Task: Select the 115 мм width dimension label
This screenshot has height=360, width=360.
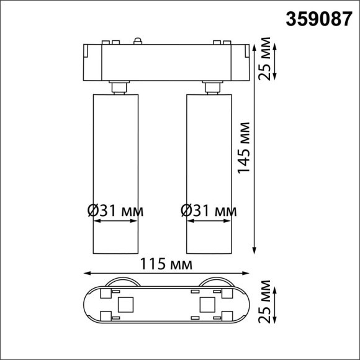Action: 165,265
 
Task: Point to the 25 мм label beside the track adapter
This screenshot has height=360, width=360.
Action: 265,60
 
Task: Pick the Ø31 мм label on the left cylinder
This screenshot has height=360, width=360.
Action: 115,211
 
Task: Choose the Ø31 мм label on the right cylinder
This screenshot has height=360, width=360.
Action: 209,211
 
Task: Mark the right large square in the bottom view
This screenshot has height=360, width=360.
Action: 205,304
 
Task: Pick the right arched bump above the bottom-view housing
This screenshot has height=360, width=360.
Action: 215,281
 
